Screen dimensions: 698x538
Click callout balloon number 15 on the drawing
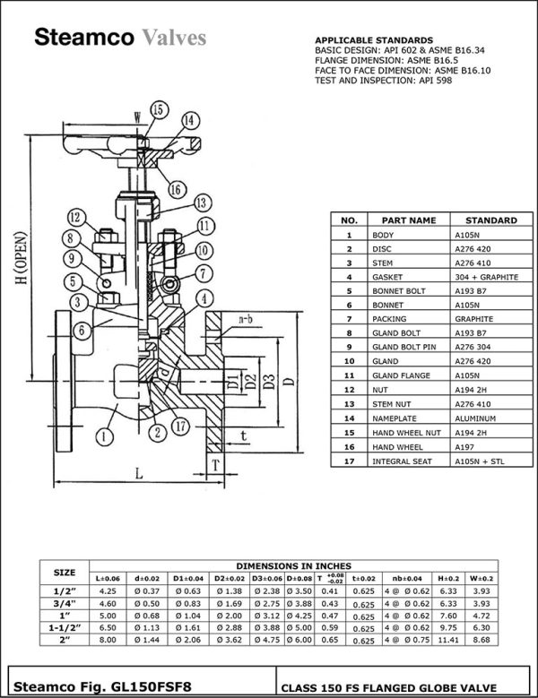click(x=159, y=109)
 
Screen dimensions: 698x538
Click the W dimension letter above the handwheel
click(x=136, y=116)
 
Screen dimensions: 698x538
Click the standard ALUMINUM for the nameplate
click(x=475, y=418)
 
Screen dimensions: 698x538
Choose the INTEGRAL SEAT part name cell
click(x=402, y=461)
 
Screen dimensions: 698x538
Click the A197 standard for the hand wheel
click(x=466, y=446)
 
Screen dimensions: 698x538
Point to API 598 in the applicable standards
click(x=435, y=81)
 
